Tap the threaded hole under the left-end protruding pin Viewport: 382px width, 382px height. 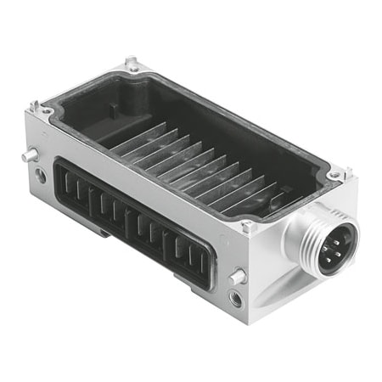40,176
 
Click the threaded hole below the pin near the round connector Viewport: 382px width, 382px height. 235,298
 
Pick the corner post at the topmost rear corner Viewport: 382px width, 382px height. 132,64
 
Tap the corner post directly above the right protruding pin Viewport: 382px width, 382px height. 248,226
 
